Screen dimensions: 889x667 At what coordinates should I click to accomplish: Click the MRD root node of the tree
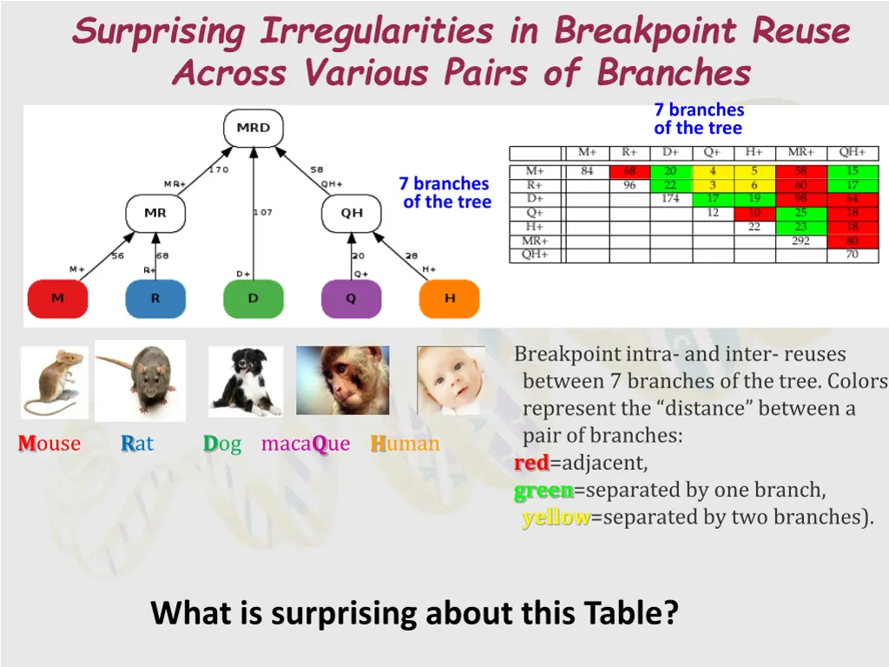(x=254, y=129)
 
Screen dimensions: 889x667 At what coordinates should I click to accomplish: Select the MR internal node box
(x=155, y=214)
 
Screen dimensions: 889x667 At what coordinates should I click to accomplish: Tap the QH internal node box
(x=352, y=214)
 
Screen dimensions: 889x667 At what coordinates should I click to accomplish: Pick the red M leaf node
(x=58, y=299)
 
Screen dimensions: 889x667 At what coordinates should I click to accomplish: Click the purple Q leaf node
(x=352, y=299)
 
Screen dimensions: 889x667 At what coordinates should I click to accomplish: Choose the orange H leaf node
(x=450, y=299)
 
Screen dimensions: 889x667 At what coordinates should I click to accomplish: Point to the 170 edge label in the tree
(x=219, y=169)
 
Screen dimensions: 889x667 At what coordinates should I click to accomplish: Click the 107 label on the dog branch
(x=263, y=212)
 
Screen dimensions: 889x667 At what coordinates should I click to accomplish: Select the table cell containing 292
(x=801, y=241)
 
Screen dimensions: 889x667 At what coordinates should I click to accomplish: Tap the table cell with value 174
(x=671, y=199)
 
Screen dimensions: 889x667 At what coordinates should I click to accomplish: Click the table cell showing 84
(x=588, y=171)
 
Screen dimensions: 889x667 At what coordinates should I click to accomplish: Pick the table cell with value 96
(x=629, y=185)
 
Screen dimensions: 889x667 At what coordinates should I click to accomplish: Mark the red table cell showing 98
(x=801, y=199)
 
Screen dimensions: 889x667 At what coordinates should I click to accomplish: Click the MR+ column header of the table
(x=801, y=152)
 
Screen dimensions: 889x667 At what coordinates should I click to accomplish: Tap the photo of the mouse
(x=55, y=383)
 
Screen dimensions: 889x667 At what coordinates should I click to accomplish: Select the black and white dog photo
(x=246, y=382)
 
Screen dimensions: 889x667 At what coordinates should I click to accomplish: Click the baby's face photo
(x=451, y=380)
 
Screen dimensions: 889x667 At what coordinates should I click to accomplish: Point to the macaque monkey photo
(x=342, y=380)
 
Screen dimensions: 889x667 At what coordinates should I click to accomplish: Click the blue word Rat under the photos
(x=137, y=443)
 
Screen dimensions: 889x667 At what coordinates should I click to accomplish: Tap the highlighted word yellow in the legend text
(x=556, y=518)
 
